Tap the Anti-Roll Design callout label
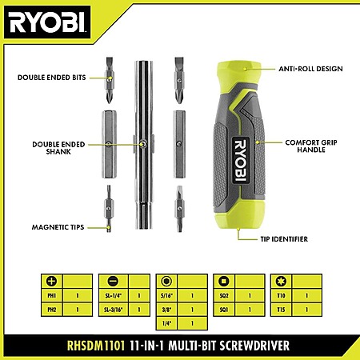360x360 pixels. click(310, 69)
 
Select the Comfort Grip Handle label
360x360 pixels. click(311, 146)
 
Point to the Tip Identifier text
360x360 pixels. click(284, 239)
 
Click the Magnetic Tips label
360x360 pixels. click(58, 227)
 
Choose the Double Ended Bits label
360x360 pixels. click(52, 78)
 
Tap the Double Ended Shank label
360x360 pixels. click(58, 148)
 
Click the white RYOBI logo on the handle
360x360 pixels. click(241, 160)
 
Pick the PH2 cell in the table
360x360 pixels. click(52, 310)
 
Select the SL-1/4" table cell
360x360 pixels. click(114, 296)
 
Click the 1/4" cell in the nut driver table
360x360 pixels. click(166, 323)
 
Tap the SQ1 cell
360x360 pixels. click(224, 310)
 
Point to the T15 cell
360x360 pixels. click(281, 310)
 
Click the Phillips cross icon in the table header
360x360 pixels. click(52, 281)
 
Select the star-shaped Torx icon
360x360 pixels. click(281, 281)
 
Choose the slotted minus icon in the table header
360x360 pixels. click(114, 281)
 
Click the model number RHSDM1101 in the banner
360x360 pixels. click(96, 346)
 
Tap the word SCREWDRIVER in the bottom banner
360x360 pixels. click(254, 346)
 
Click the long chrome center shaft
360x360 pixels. click(143, 145)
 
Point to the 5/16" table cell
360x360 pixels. click(166, 296)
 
